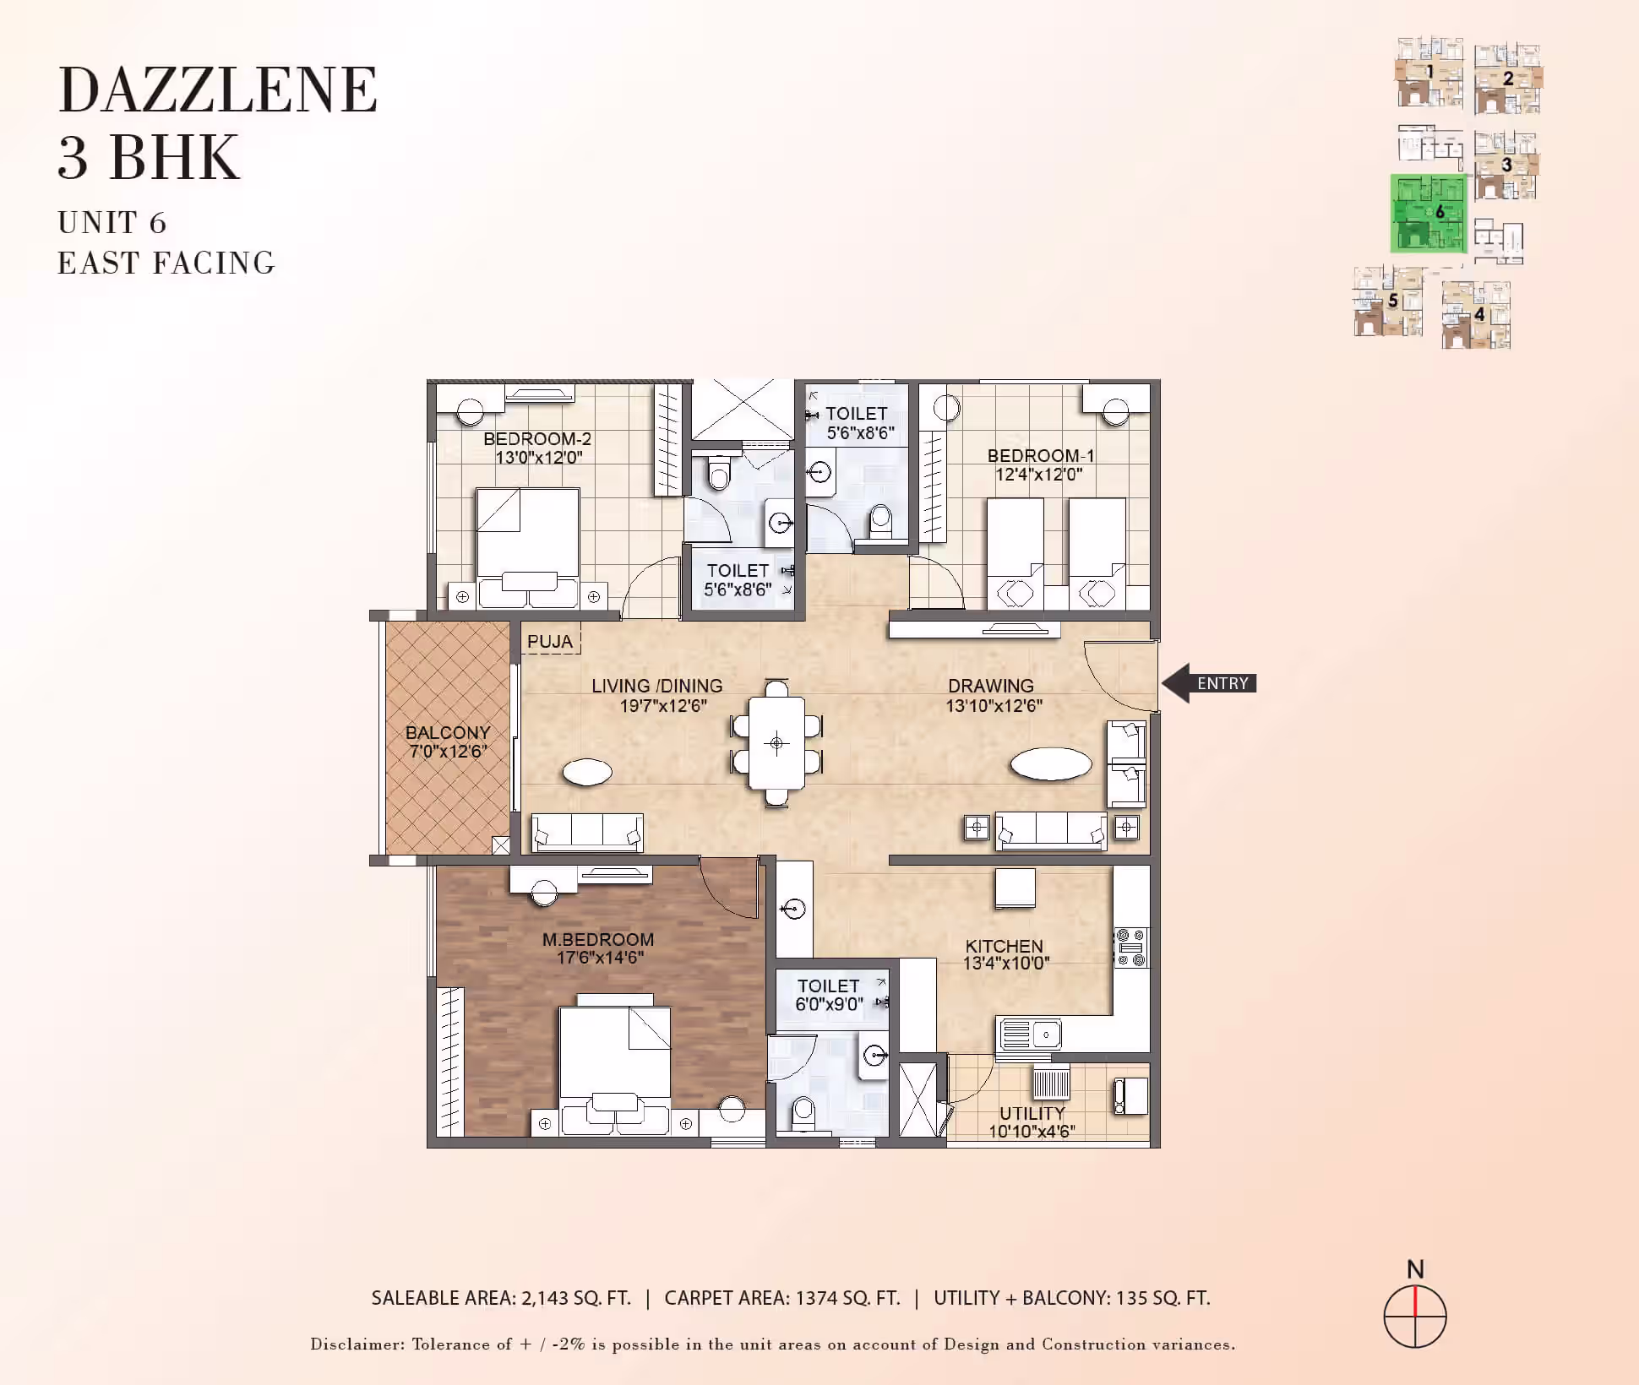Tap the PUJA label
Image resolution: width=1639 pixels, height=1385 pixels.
(x=550, y=642)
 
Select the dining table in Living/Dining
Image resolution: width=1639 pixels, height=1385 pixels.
(x=776, y=742)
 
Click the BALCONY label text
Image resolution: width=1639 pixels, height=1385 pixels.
(x=448, y=732)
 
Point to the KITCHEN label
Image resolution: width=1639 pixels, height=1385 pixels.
(x=1005, y=946)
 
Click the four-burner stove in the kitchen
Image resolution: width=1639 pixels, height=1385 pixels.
(x=1130, y=948)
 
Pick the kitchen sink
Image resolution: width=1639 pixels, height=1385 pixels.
(x=1030, y=1034)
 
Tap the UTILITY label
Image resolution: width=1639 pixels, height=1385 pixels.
(x=1032, y=1113)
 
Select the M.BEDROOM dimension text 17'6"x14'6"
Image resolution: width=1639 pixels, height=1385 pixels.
(x=600, y=958)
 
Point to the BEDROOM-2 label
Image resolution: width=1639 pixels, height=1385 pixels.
(x=537, y=439)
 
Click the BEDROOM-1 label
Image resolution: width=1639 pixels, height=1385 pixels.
(x=1041, y=456)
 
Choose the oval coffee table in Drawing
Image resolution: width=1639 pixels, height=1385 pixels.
(x=1051, y=764)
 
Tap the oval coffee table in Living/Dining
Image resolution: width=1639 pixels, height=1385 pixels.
(x=587, y=772)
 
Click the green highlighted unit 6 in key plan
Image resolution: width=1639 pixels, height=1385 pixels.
(x=1429, y=214)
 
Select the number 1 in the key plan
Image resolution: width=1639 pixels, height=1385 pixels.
(x=1429, y=72)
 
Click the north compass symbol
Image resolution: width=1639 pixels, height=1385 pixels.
(x=1415, y=1317)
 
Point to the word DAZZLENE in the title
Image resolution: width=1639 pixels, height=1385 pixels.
(x=218, y=90)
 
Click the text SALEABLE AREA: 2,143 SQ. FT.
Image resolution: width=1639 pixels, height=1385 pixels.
(x=501, y=1298)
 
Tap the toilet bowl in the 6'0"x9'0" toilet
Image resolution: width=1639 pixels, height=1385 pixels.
(x=803, y=1112)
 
